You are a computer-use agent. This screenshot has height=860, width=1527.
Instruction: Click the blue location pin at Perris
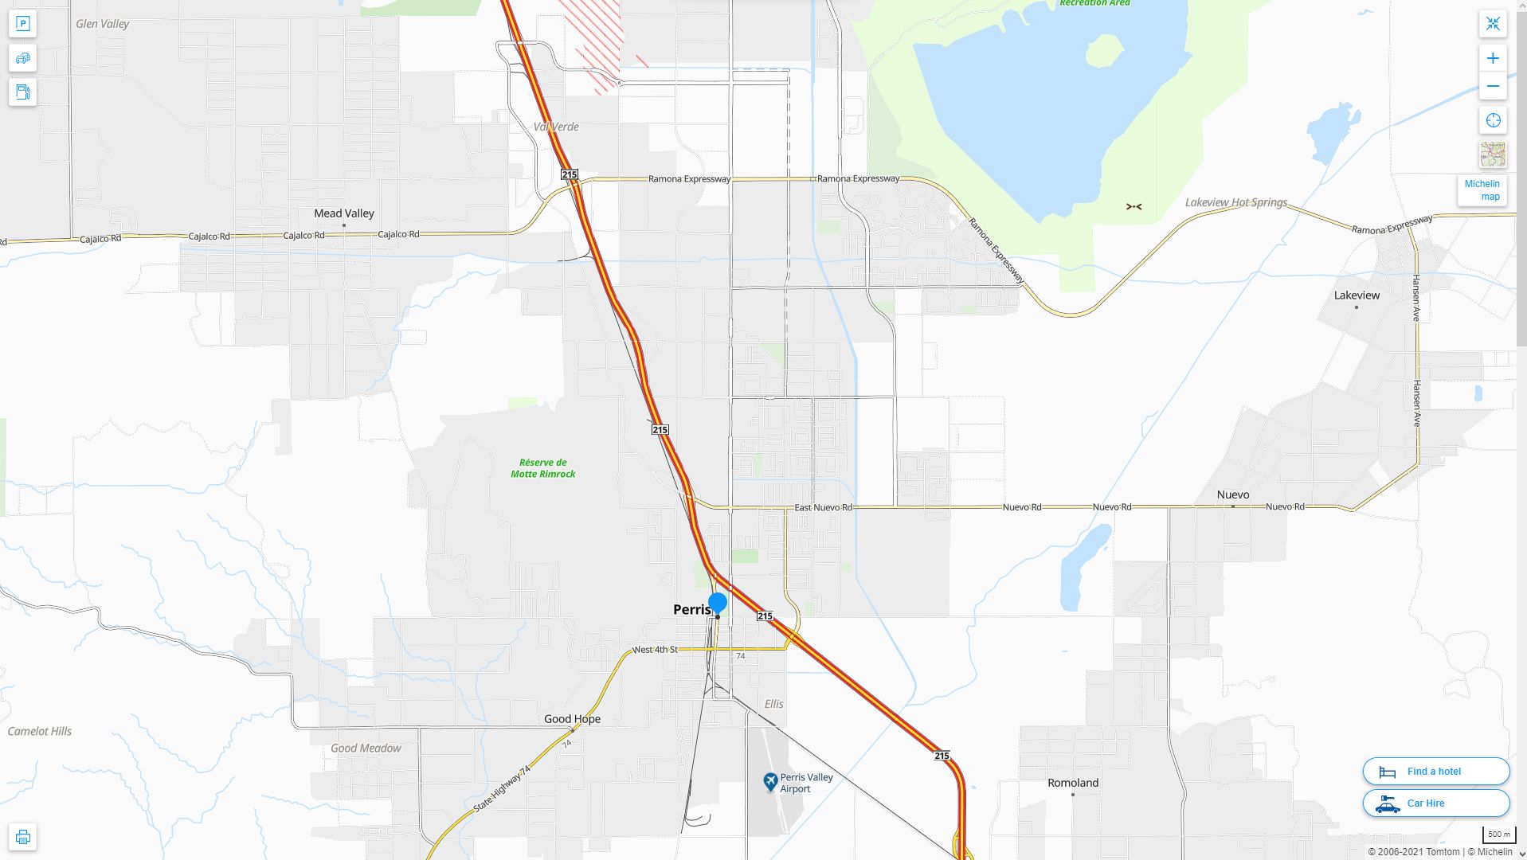[x=717, y=603]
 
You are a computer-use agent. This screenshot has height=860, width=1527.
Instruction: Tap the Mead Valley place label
[x=343, y=213]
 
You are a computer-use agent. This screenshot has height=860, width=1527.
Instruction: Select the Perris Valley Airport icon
[x=770, y=782]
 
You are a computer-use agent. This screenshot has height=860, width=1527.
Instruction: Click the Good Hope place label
[x=572, y=719]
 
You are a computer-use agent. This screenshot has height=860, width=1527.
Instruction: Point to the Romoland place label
[x=1072, y=783]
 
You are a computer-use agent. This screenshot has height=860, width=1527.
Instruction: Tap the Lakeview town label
[x=1357, y=295]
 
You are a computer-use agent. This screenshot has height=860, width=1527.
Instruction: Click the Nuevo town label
[x=1232, y=494]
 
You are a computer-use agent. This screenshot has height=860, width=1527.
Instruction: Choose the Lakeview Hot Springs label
[x=1235, y=202]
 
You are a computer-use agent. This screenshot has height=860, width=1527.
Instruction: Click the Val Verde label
[x=556, y=127]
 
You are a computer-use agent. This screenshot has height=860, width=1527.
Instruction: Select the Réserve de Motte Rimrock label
[x=542, y=468]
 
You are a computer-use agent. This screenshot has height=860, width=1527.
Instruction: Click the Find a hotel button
[x=1435, y=771]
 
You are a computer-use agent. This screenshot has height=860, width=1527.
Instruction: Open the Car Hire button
[x=1435, y=803]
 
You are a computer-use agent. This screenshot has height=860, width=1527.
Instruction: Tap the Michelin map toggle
[x=1482, y=190]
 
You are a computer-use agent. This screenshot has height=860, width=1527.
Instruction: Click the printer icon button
[x=23, y=837]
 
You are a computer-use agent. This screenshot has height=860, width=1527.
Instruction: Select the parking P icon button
[x=23, y=24]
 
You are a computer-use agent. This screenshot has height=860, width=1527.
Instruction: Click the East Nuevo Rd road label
[x=823, y=507]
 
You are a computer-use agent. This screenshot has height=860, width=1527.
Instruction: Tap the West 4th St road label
[x=655, y=650]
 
